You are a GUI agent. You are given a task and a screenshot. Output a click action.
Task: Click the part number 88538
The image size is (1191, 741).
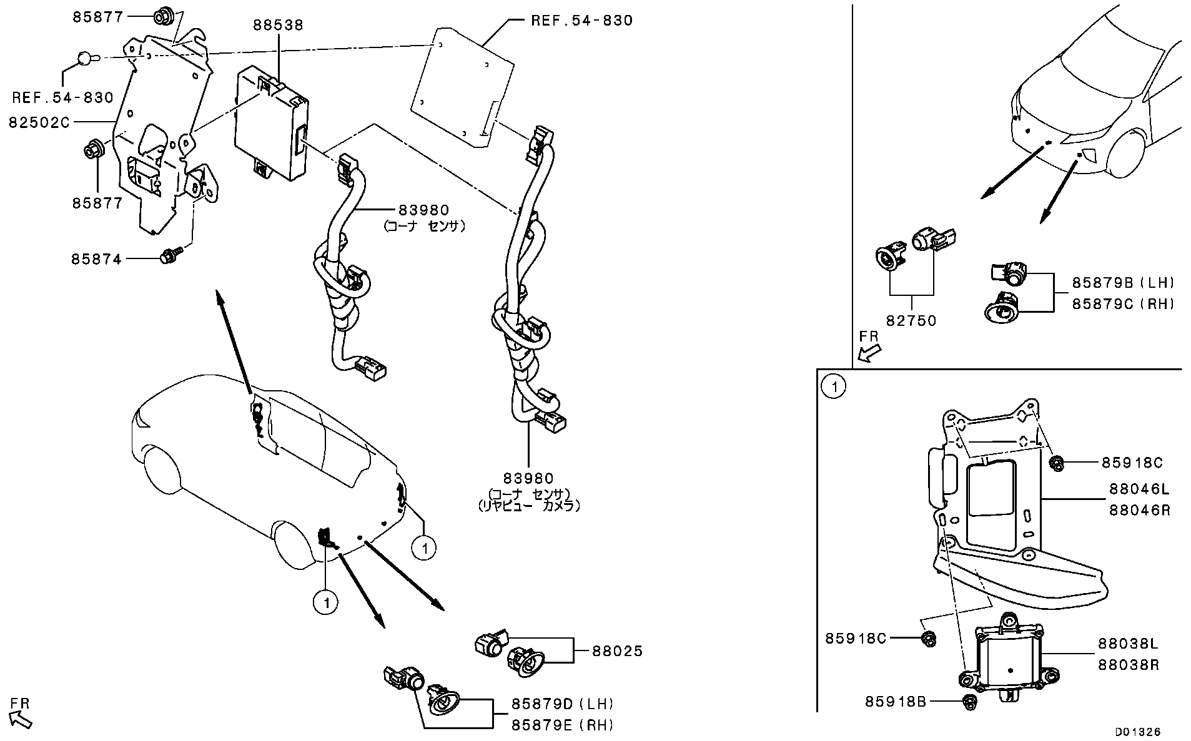click(x=278, y=25)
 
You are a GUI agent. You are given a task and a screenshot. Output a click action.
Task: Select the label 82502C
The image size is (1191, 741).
click(x=39, y=123)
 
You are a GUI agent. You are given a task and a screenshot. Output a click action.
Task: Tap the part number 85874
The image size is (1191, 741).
click(x=96, y=258)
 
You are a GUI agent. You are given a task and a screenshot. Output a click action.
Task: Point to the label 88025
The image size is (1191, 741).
click(x=617, y=652)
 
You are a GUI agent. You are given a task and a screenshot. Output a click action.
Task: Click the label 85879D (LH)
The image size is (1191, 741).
click(x=563, y=704)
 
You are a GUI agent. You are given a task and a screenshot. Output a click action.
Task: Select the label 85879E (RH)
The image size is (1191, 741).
click(x=563, y=725)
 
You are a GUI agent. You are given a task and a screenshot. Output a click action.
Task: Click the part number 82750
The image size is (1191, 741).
click(x=911, y=321)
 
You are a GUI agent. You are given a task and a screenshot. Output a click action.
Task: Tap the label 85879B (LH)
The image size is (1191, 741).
click(x=1123, y=283)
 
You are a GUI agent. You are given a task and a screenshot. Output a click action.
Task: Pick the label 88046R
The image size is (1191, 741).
click(x=1140, y=510)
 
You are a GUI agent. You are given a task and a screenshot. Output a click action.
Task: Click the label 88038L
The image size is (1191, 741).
click(x=1129, y=644)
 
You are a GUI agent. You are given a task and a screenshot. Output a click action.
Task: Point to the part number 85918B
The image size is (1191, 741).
click(x=895, y=702)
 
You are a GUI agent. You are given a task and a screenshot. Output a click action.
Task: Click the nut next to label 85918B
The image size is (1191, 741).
click(x=970, y=702)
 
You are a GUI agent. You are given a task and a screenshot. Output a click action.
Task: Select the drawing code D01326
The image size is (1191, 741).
click(x=1139, y=731)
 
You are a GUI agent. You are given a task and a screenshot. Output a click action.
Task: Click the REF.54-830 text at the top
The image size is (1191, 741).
click(x=581, y=21)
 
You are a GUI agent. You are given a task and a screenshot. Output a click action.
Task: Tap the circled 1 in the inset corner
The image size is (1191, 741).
click(x=834, y=387)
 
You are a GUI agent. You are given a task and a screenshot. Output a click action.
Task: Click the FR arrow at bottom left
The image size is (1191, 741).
click(x=20, y=718)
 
